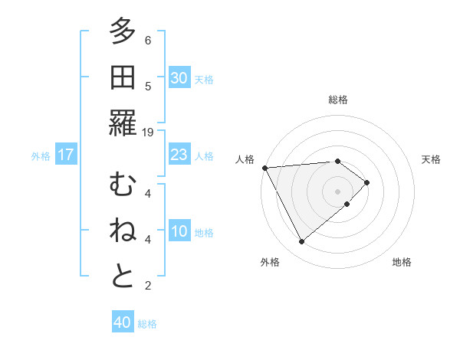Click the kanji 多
(x=123, y=31)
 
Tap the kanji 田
(x=123, y=77)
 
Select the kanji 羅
(x=123, y=123)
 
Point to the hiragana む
(x=123, y=185)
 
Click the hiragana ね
(x=123, y=231)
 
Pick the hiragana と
(x=123, y=277)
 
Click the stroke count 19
(x=148, y=132)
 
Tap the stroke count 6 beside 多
(x=148, y=40)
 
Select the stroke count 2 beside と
(x=148, y=286)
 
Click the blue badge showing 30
(x=179, y=78)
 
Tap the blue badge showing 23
(x=179, y=155)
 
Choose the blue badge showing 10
(x=179, y=232)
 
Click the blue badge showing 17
(x=66, y=155)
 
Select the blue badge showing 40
(x=123, y=323)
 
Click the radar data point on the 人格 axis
(x=264, y=167)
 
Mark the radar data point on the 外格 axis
(x=301, y=242)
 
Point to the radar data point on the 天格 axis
(x=367, y=182)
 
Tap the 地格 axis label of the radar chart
(x=402, y=262)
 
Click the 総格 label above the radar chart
(x=338, y=100)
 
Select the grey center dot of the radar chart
(x=337, y=190)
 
